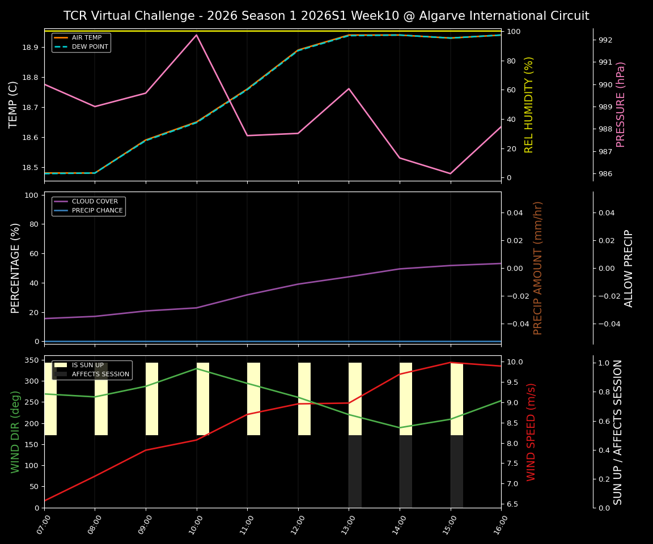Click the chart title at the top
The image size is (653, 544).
click(326, 16)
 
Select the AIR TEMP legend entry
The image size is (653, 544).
click(86, 38)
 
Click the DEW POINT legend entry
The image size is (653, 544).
click(90, 47)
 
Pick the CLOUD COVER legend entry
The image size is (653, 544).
click(95, 202)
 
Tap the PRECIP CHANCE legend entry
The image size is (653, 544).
click(97, 211)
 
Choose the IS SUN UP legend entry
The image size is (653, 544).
click(87, 365)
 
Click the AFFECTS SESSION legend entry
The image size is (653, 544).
click(100, 375)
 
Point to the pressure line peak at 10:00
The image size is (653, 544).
click(197, 35)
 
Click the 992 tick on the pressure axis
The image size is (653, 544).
click(605, 40)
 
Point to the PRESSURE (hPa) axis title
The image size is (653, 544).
click(621, 104)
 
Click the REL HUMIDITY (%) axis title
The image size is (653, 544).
click(529, 104)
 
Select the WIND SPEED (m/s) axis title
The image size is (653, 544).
click(531, 432)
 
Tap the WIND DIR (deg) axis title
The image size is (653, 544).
click(15, 432)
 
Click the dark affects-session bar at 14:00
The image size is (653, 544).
click(406, 471)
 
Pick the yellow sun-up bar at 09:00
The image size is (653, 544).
click(152, 399)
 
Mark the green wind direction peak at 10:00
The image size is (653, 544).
click(197, 368)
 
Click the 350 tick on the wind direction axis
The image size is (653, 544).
click(31, 360)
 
